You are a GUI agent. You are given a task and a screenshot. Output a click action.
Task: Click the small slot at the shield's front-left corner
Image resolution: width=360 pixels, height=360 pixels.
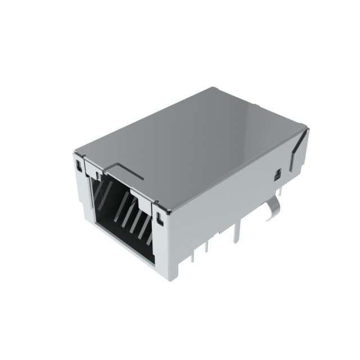[78, 165]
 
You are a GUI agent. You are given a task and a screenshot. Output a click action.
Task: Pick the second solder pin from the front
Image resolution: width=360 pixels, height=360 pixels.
[209, 247]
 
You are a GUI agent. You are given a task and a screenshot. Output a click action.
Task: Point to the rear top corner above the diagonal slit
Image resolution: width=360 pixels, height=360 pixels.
[307, 128]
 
